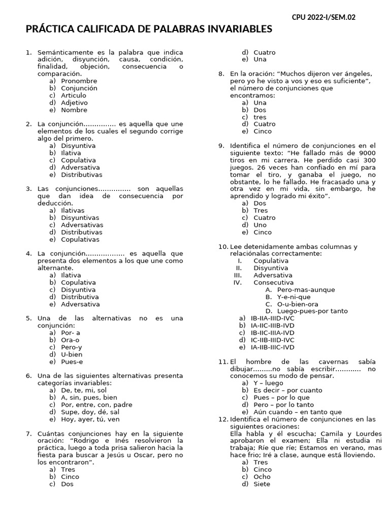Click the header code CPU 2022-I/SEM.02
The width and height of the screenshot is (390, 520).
tap(323, 17)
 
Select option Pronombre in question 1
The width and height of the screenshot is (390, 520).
tap(79, 81)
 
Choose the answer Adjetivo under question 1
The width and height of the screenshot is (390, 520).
tap(74, 103)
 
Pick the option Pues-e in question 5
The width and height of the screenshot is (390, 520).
tap(72, 362)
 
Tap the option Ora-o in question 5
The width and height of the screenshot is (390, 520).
tap(70, 340)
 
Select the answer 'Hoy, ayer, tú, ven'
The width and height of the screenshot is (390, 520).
tap(90, 419)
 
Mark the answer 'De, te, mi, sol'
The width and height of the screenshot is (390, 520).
tap(84, 391)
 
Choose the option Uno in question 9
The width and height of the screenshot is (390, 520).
tap(260, 225)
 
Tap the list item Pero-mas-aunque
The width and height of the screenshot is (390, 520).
tap(306, 289)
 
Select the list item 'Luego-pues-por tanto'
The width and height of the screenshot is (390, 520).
tap(312, 311)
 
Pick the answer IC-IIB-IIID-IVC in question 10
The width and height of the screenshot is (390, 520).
tap(272, 340)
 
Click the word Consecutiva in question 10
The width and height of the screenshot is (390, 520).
tap(273, 282)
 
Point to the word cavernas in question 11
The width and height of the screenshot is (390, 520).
tap(318, 362)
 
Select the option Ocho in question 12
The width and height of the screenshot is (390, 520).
tap(262, 477)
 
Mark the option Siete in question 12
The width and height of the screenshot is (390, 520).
tap(262, 484)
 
